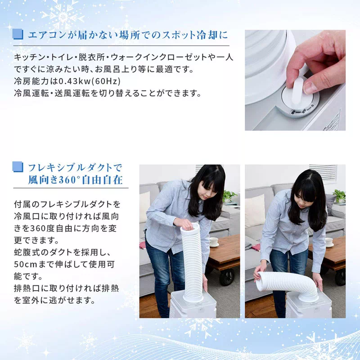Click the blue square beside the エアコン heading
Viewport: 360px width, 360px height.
tap(18, 34)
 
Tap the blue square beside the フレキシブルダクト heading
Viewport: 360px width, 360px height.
tap(18, 166)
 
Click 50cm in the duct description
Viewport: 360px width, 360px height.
tap(26, 265)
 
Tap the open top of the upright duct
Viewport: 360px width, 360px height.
tap(190, 226)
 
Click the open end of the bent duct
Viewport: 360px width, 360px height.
tap(261, 281)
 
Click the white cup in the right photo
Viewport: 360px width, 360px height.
tap(329, 242)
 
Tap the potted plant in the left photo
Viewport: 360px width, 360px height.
tap(229, 196)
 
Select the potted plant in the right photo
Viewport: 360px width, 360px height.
tap(339, 196)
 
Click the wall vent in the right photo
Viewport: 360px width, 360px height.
tap(323, 173)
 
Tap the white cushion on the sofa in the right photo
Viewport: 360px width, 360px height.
tap(255, 211)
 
